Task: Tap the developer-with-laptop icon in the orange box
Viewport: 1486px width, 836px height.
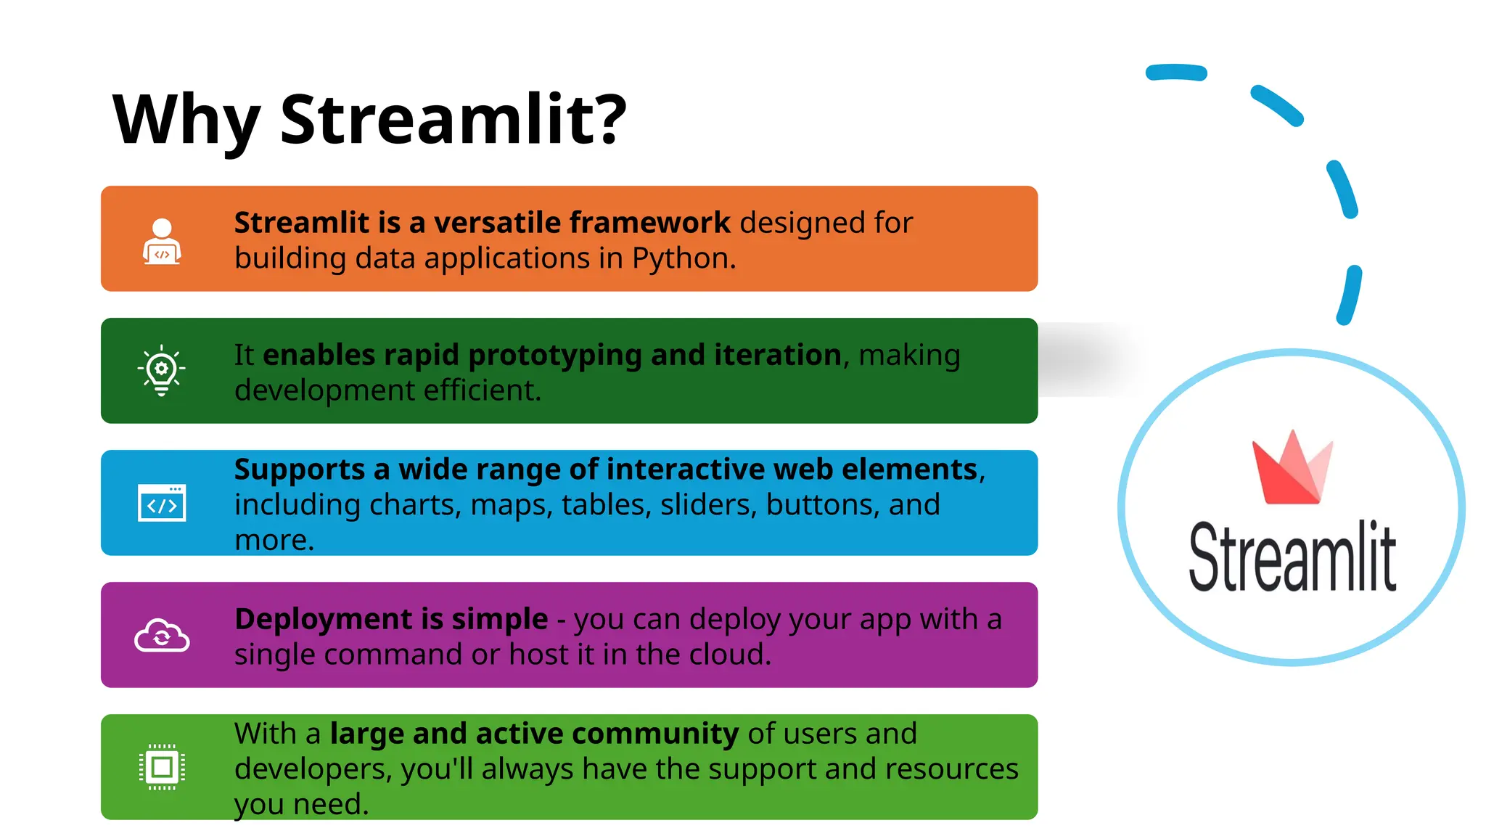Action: click(162, 242)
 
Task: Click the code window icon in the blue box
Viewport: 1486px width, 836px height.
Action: click(162, 503)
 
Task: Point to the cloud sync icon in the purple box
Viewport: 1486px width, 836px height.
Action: click(162, 636)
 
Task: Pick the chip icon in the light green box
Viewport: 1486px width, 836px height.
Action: click(162, 767)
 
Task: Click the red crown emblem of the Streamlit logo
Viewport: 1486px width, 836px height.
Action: click(1292, 469)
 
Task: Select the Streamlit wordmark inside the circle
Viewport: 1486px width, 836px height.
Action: click(1292, 557)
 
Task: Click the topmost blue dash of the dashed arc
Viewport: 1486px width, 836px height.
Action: click(1176, 73)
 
